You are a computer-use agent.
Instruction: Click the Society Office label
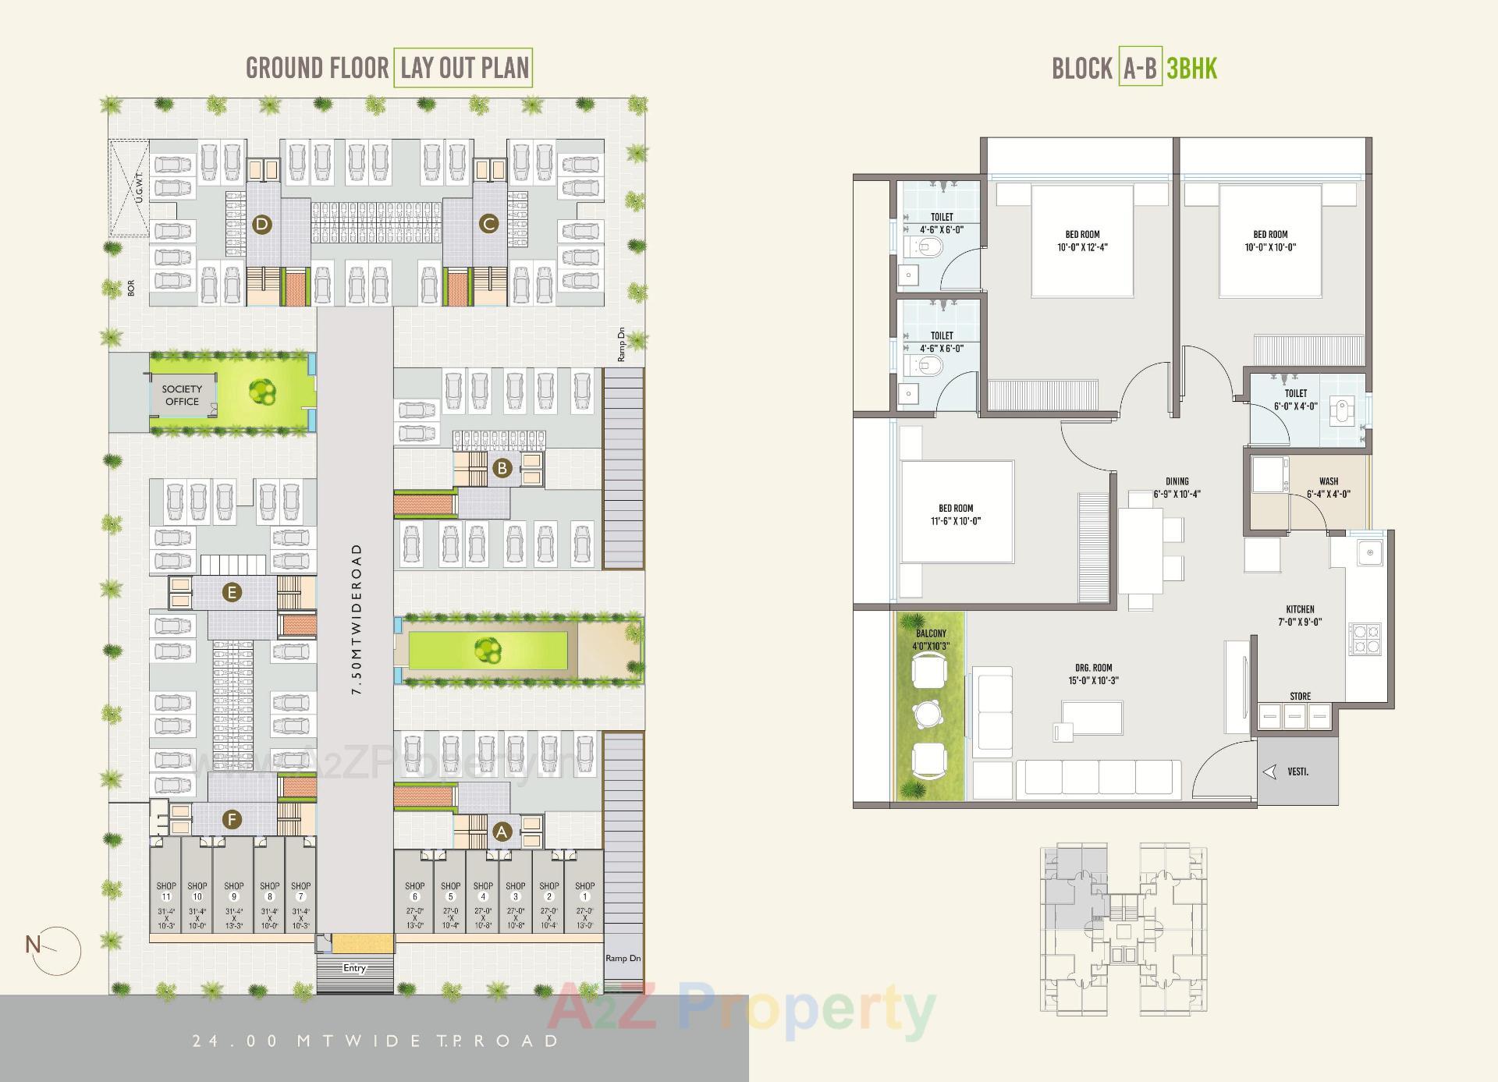(x=182, y=395)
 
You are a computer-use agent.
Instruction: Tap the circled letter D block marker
(x=262, y=225)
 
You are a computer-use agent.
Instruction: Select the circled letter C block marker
(x=488, y=225)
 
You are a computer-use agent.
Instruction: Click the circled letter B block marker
(x=502, y=468)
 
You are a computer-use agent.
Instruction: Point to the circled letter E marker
(x=231, y=593)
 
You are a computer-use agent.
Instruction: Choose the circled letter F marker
(x=232, y=819)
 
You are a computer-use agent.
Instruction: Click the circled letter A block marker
(x=502, y=832)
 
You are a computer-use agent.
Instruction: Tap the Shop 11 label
(x=165, y=891)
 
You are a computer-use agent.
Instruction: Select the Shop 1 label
(x=584, y=891)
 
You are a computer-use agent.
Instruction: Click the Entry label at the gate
(x=354, y=968)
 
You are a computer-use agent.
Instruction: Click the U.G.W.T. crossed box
(x=129, y=188)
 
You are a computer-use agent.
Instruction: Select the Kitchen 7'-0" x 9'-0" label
(x=1300, y=615)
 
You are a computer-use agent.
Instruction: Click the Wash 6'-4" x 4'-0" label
(x=1328, y=488)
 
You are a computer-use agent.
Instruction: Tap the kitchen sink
(x=1369, y=552)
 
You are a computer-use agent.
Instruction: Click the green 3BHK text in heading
(x=1191, y=69)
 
